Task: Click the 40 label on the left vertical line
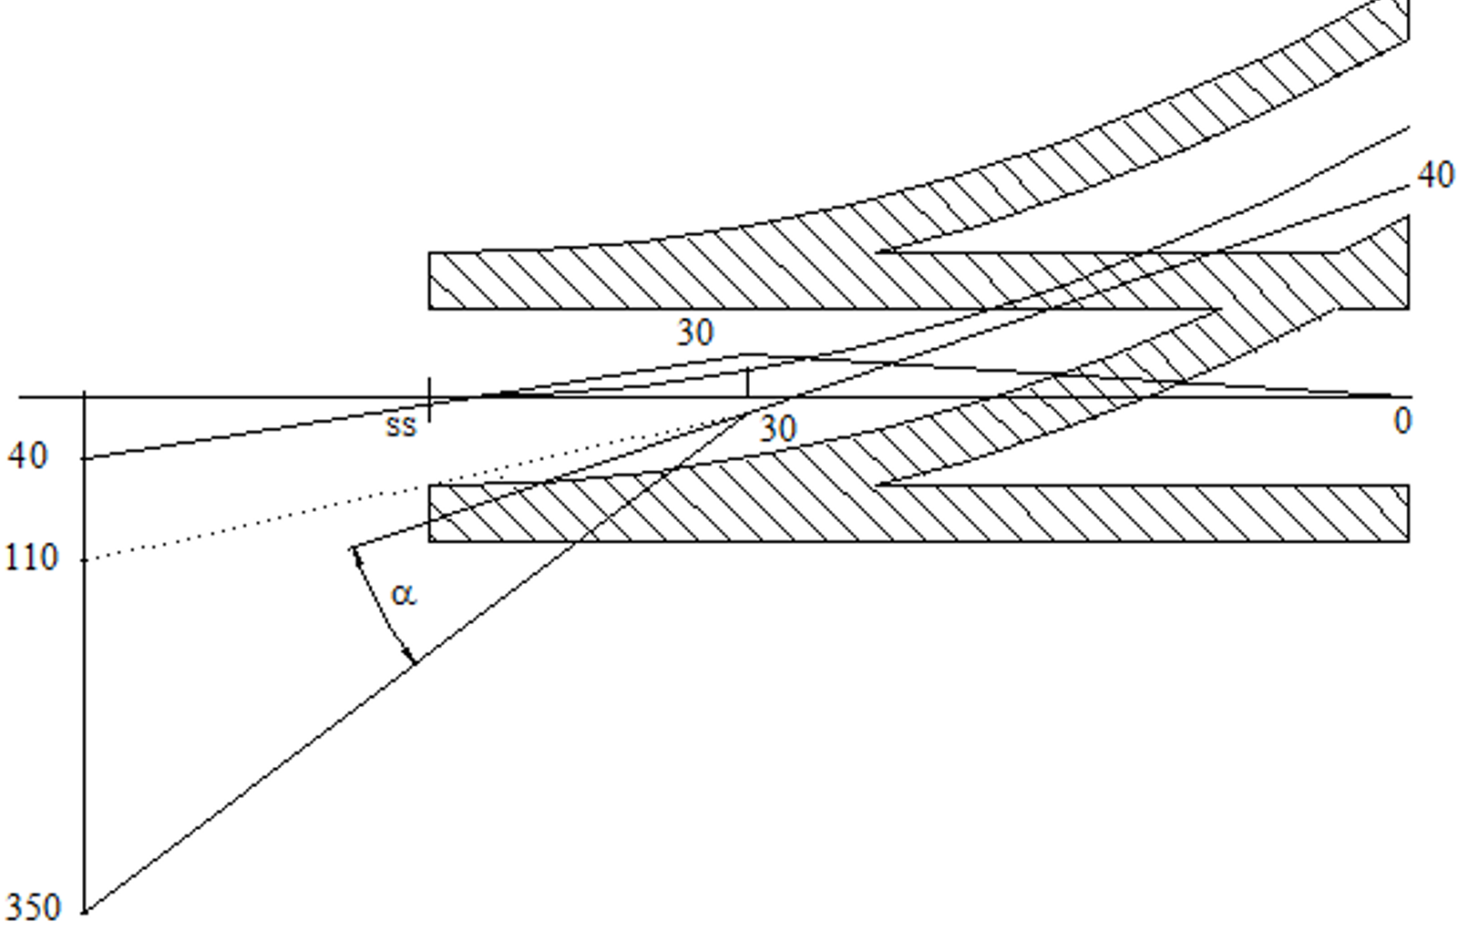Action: click(28, 456)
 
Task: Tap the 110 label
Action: click(32, 558)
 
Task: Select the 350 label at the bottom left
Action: click(33, 907)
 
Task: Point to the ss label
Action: click(400, 426)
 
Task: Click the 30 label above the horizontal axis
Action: click(696, 332)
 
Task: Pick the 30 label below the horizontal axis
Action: click(778, 430)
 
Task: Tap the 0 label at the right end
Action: click(1402, 421)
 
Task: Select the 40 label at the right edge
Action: click(1435, 176)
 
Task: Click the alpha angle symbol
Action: click(404, 595)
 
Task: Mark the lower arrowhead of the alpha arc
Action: click(410, 656)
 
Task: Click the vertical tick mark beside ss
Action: click(429, 399)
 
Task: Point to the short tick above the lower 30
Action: click(748, 383)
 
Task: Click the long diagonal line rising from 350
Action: click(416, 662)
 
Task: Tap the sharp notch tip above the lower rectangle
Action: click(877, 484)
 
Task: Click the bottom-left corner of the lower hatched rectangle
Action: click(429, 540)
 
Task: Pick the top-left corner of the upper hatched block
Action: click(429, 253)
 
